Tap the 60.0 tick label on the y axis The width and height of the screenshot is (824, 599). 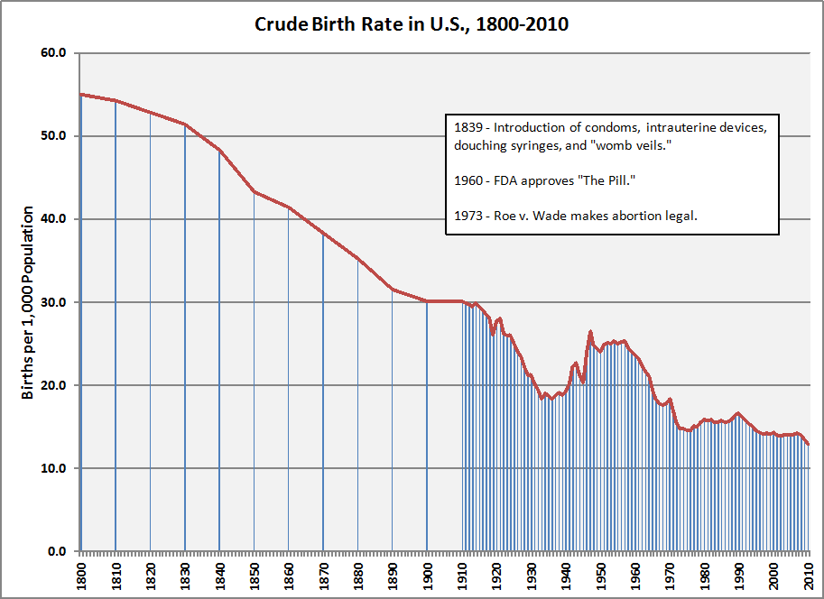tap(55, 53)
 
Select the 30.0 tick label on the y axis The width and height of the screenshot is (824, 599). tap(55, 302)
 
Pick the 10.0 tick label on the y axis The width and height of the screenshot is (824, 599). tap(55, 468)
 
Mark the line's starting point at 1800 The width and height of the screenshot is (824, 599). tap(81, 95)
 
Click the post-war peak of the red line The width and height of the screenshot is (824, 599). tap(590, 332)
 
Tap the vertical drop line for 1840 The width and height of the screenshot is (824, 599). tap(219, 361)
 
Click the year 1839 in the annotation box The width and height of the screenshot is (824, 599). tap(468, 127)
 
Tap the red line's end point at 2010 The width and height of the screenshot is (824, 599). tap(809, 444)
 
